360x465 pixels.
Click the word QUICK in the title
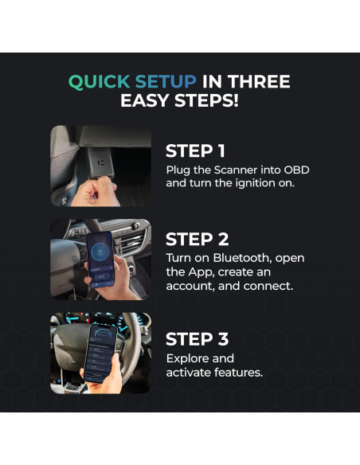click(100, 81)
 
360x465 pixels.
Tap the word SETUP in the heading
click(166, 81)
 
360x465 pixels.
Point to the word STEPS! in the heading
click(206, 100)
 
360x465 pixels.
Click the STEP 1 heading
click(195, 151)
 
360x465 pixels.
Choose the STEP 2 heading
click(198, 240)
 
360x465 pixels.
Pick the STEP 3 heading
click(198, 339)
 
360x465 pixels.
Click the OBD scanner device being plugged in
click(100, 162)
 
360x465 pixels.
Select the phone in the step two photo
click(101, 259)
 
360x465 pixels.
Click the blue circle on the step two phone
click(100, 252)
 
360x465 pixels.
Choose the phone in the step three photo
click(101, 353)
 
